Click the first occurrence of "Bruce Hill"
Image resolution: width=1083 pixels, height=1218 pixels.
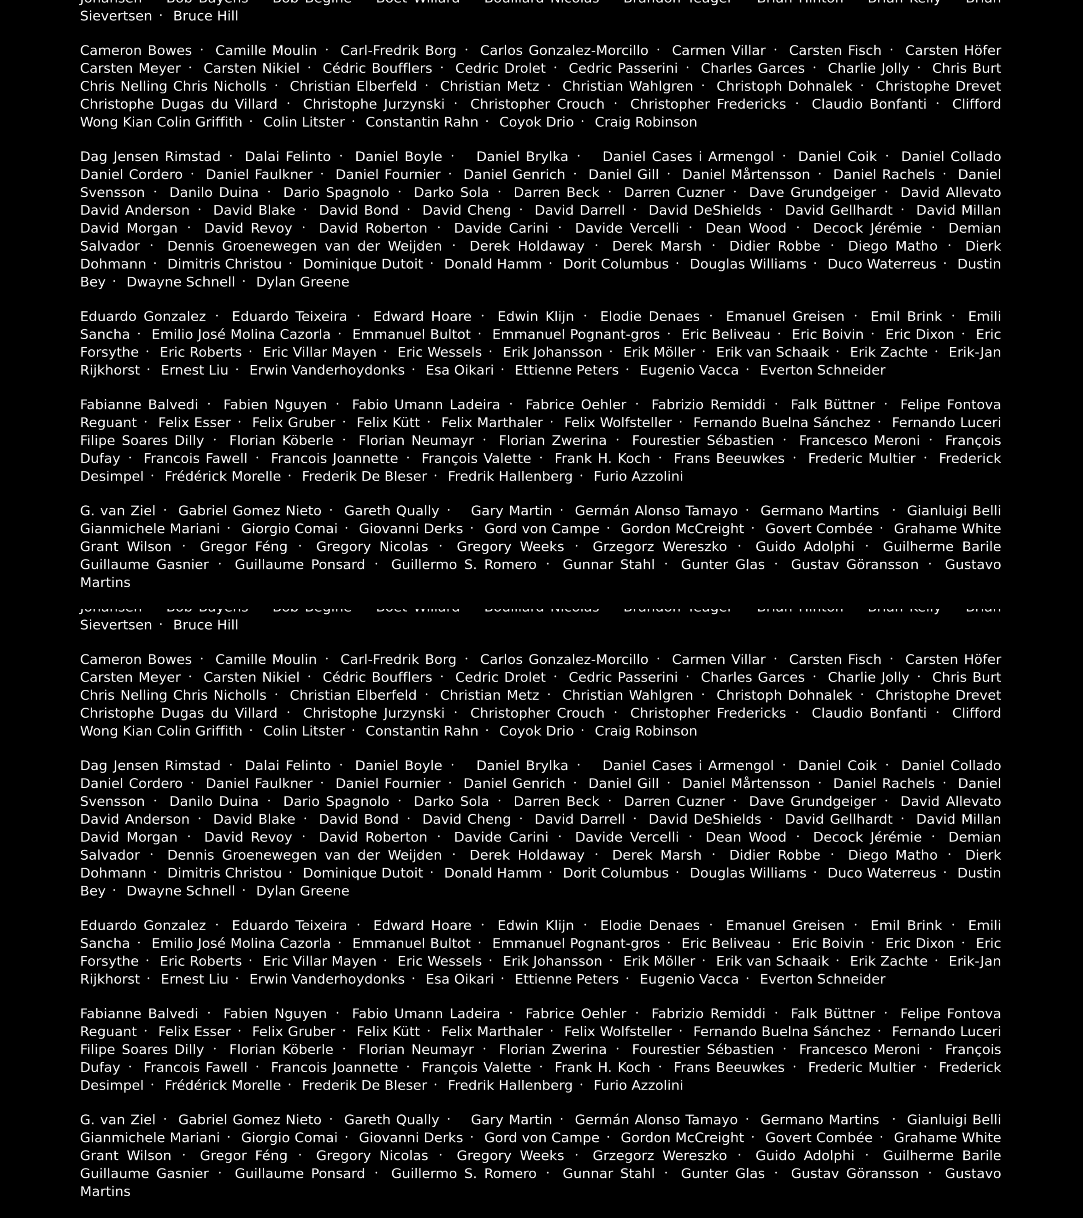pyautogui.click(x=205, y=16)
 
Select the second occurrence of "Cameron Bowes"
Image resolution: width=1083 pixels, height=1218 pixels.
pyautogui.click(x=136, y=660)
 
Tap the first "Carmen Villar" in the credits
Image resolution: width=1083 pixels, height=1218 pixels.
pyautogui.click(x=718, y=51)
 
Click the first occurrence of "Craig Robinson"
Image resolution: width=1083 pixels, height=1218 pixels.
pyautogui.click(x=645, y=122)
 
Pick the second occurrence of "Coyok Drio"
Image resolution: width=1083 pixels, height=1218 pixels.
pyautogui.click(x=536, y=731)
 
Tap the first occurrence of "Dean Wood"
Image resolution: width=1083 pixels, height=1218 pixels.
pyautogui.click(x=746, y=228)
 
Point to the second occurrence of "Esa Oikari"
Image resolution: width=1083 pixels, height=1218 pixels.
pyautogui.click(x=459, y=979)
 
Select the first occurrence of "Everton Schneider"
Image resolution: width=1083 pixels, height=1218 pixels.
pyautogui.click(x=823, y=370)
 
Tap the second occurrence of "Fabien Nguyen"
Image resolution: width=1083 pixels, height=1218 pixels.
pyautogui.click(x=275, y=1014)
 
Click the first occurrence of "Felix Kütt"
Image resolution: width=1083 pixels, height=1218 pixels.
pyautogui.click(x=388, y=423)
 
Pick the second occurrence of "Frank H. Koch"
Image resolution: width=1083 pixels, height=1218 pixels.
pyautogui.click(x=602, y=1067)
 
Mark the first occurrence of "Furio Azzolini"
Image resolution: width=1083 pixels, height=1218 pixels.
pyautogui.click(x=638, y=476)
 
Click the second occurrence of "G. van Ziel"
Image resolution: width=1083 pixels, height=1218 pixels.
pyautogui.click(x=118, y=1120)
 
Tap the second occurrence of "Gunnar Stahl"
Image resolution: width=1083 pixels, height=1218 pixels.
pyautogui.click(x=609, y=1173)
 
